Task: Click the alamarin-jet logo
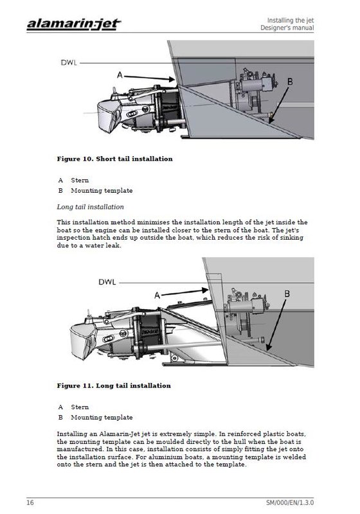pyautogui.click(x=74, y=24)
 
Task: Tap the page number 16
pyautogui.click(x=30, y=502)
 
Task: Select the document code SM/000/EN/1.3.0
pyautogui.click(x=290, y=502)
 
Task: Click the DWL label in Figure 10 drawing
pyautogui.click(x=69, y=62)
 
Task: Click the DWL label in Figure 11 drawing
pyautogui.click(x=107, y=282)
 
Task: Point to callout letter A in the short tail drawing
pyautogui.click(x=120, y=75)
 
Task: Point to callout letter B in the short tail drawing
pyautogui.click(x=290, y=82)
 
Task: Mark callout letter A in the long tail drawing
pyautogui.click(x=157, y=296)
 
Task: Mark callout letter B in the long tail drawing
pyautogui.click(x=287, y=294)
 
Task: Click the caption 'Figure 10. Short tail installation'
pyautogui.click(x=115, y=159)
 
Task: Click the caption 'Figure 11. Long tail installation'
pyautogui.click(x=114, y=386)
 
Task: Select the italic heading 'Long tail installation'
pyautogui.click(x=91, y=207)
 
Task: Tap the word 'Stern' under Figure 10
pyautogui.click(x=80, y=181)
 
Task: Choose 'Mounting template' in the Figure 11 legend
pyautogui.click(x=102, y=417)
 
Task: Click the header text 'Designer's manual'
pyautogui.click(x=287, y=28)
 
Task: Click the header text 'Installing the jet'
pyautogui.click(x=290, y=21)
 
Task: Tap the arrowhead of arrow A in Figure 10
pyautogui.click(x=172, y=79)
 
